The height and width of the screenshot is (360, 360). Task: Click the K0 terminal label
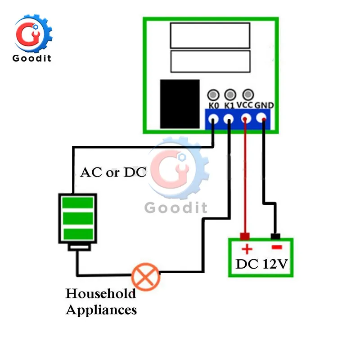click(214, 105)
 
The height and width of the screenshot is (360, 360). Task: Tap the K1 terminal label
click(230, 105)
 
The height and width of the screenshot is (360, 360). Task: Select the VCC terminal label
click(246, 105)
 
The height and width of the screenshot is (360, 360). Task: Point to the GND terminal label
click(264, 105)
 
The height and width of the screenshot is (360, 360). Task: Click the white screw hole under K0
click(213, 119)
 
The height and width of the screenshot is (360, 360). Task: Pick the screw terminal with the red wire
click(246, 119)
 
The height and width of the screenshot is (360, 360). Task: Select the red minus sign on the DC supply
click(276, 247)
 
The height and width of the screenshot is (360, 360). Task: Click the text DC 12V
click(261, 264)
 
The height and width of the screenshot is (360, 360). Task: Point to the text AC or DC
click(113, 172)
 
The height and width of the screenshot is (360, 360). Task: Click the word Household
click(101, 294)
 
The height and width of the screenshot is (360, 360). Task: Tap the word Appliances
click(101, 310)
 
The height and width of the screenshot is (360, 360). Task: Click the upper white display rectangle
click(210, 36)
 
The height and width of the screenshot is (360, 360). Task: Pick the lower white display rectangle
click(210, 62)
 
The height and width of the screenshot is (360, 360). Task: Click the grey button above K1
click(230, 94)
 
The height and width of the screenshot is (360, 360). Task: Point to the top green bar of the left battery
click(77, 202)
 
